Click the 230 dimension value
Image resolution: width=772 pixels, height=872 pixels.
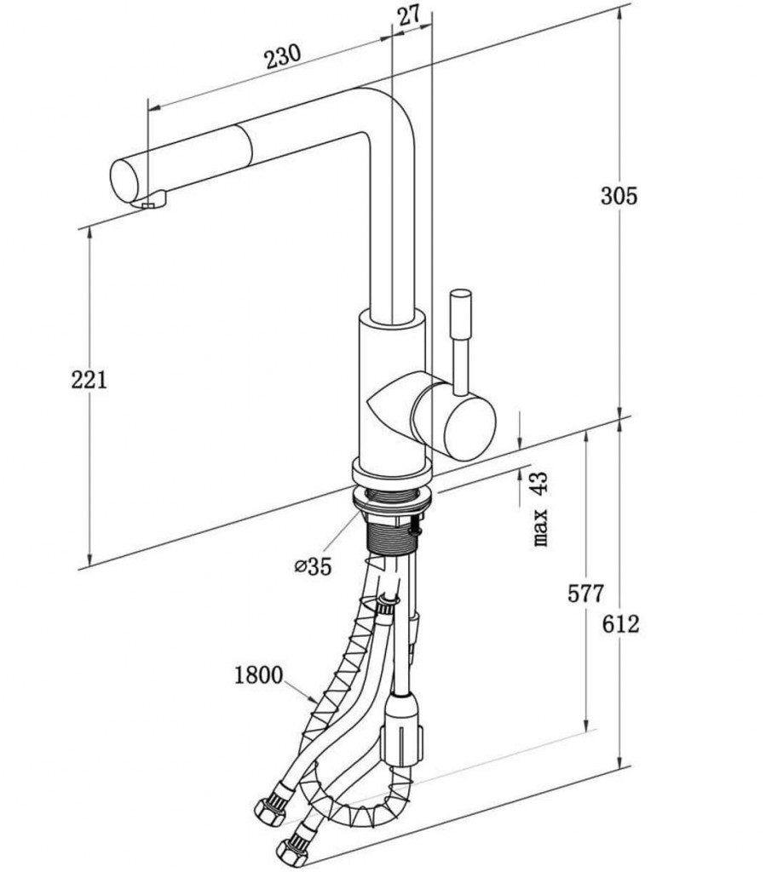pos(282,58)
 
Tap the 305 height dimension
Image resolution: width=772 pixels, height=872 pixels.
pos(619,196)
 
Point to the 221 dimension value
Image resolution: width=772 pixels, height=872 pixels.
pos(89,380)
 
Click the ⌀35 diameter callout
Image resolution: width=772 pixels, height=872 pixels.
pos(312,566)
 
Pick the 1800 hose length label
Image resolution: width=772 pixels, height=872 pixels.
pos(257,676)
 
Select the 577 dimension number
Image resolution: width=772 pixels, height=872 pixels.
pos(585,594)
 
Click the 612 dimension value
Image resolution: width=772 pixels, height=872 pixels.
pos(619,624)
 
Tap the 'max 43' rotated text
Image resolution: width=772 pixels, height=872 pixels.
pos(540,510)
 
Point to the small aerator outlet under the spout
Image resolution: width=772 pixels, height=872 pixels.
pos(151,203)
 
